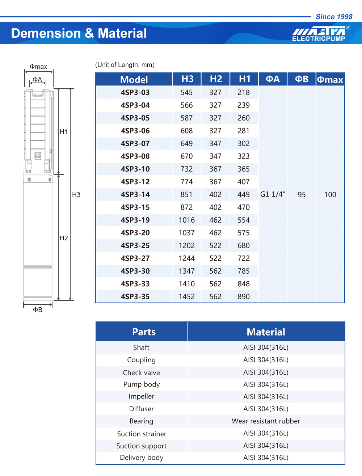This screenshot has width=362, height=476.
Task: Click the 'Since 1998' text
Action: tap(334, 17)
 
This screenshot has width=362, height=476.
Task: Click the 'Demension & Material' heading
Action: tap(79, 33)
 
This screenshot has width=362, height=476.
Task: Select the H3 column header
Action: tap(187, 79)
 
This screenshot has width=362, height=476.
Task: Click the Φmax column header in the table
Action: tap(330, 80)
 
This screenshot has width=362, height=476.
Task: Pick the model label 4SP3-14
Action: tap(135, 194)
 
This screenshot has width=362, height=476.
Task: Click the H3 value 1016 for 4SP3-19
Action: tap(186, 220)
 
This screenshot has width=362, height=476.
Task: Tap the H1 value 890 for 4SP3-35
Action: tap(244, 296)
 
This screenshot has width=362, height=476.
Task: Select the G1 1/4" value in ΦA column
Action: tap(273, 194)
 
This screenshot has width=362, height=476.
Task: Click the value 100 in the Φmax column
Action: tap(330, 195)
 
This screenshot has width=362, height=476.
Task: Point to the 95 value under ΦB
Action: tap(302, 195)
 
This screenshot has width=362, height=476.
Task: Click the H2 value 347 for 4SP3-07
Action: tap(215, 143)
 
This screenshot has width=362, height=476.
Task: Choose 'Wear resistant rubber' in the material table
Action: tap(266, 421)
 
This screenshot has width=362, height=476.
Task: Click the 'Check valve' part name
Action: tap(141, 372)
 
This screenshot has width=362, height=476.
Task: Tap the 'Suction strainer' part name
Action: tap(142, 434)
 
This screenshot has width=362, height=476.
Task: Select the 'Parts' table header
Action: tap(144, 332)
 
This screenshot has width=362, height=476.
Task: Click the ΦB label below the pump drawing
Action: tap(38, 310)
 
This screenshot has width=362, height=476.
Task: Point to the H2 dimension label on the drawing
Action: tap(64, 238)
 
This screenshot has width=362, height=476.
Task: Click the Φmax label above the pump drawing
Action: tap(38, 67)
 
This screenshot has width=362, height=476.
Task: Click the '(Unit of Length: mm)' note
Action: tap(125, 65)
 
